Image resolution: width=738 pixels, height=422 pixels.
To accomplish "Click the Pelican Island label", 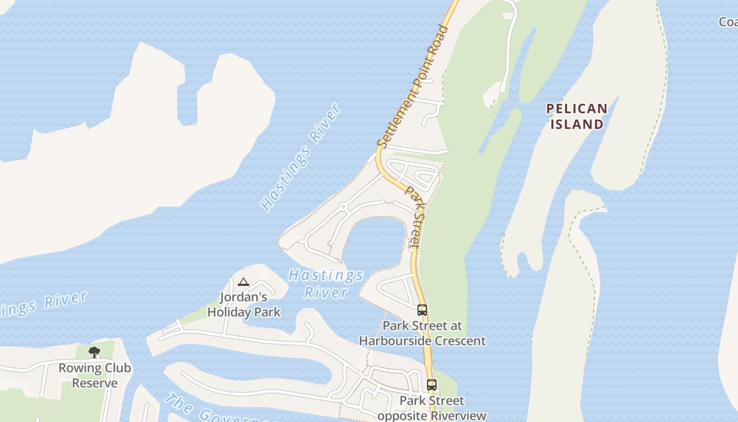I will (x=576, y=117).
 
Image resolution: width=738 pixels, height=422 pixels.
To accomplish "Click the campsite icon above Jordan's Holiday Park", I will (x=243, y=282).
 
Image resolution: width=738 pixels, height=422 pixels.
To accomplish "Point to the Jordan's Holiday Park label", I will (x=244, y=305).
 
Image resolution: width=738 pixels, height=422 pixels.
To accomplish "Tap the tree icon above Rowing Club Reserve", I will (x=94, y=352).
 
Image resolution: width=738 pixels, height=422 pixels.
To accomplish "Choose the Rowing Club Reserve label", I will (x=95, y=376).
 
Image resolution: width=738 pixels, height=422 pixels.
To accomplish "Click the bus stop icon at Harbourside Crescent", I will (x=422, y=310).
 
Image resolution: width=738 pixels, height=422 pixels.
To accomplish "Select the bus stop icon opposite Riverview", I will (x=432, y=385).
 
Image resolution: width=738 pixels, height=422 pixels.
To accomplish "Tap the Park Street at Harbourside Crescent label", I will (x=422, y=333).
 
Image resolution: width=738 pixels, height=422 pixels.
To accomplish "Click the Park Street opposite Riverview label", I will (x=432, y=408).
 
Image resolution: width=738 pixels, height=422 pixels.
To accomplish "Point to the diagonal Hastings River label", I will (x=301, y=158).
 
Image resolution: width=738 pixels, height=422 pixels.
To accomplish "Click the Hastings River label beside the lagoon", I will (x=326, y=284).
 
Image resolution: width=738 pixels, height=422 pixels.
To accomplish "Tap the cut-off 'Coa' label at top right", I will (x=729, y=22).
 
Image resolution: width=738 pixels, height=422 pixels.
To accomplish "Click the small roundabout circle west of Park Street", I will (x=343, y=206).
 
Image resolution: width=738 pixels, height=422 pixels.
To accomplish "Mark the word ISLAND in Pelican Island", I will (x=576, y=124).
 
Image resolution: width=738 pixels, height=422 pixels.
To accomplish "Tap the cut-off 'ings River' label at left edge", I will (x=45, y=303).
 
